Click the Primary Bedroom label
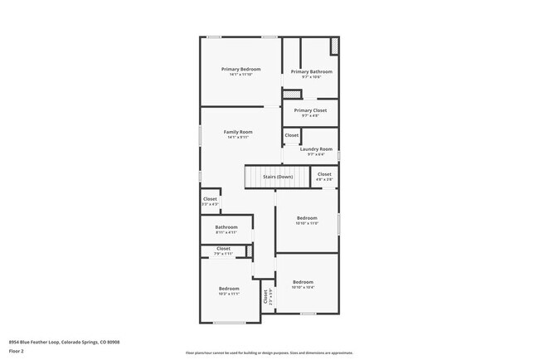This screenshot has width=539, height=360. (240, 69)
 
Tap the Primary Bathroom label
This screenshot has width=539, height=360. (311, 72)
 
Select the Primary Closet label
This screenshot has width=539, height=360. (311, 110)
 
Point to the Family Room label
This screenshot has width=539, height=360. (239, 132)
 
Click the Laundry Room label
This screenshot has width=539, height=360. (315, 149)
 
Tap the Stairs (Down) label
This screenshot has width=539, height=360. (278, 177)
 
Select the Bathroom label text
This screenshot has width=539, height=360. (226, 227)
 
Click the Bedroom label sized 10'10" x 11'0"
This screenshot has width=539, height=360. (307, 218)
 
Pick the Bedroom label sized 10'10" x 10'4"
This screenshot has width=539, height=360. (303, 282)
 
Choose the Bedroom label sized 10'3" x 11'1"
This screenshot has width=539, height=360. (228, 289)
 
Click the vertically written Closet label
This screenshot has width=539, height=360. (266, 296)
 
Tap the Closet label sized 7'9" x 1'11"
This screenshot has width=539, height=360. (224, 249)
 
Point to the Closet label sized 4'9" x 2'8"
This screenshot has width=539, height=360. (324, 174)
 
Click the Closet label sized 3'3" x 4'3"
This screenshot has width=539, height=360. (211, 199)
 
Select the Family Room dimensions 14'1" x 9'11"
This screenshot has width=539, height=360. (239, 137)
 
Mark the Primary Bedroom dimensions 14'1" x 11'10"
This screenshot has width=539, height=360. (240, 75)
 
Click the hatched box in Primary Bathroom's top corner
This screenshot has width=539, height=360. (334, 46)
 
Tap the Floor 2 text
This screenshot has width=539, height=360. (17, 351)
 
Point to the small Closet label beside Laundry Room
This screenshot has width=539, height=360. (292, 135)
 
